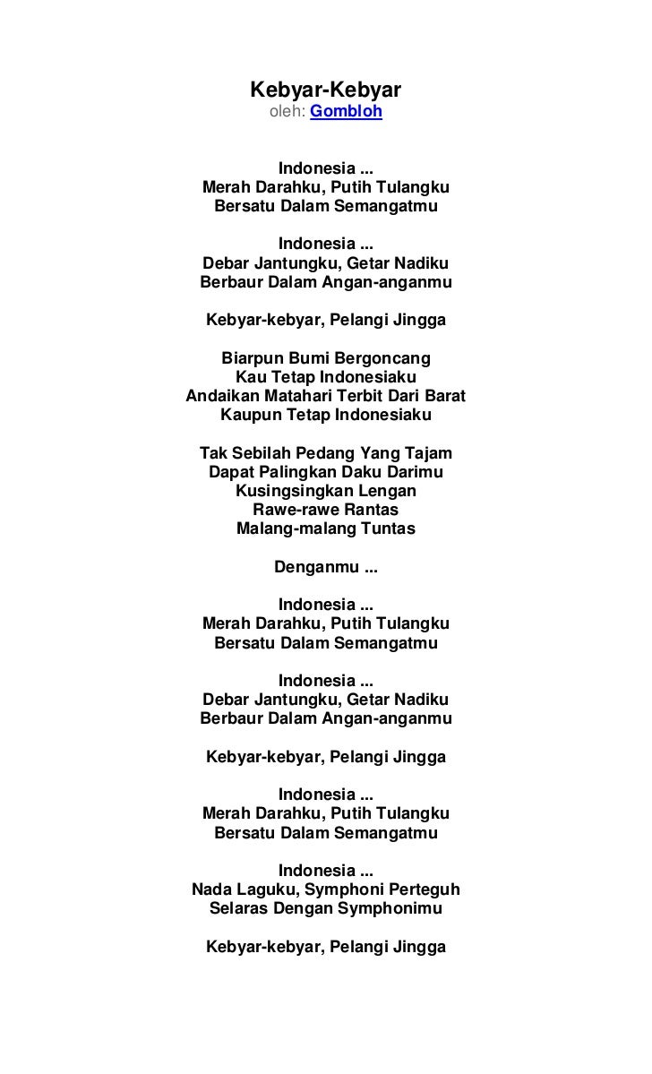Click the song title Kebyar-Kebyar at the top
[325, 90]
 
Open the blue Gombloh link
[346, 112]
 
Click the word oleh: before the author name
[287, 112]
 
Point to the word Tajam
[428, 452]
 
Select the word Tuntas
[387, 528]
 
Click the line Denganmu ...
[325, 567]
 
